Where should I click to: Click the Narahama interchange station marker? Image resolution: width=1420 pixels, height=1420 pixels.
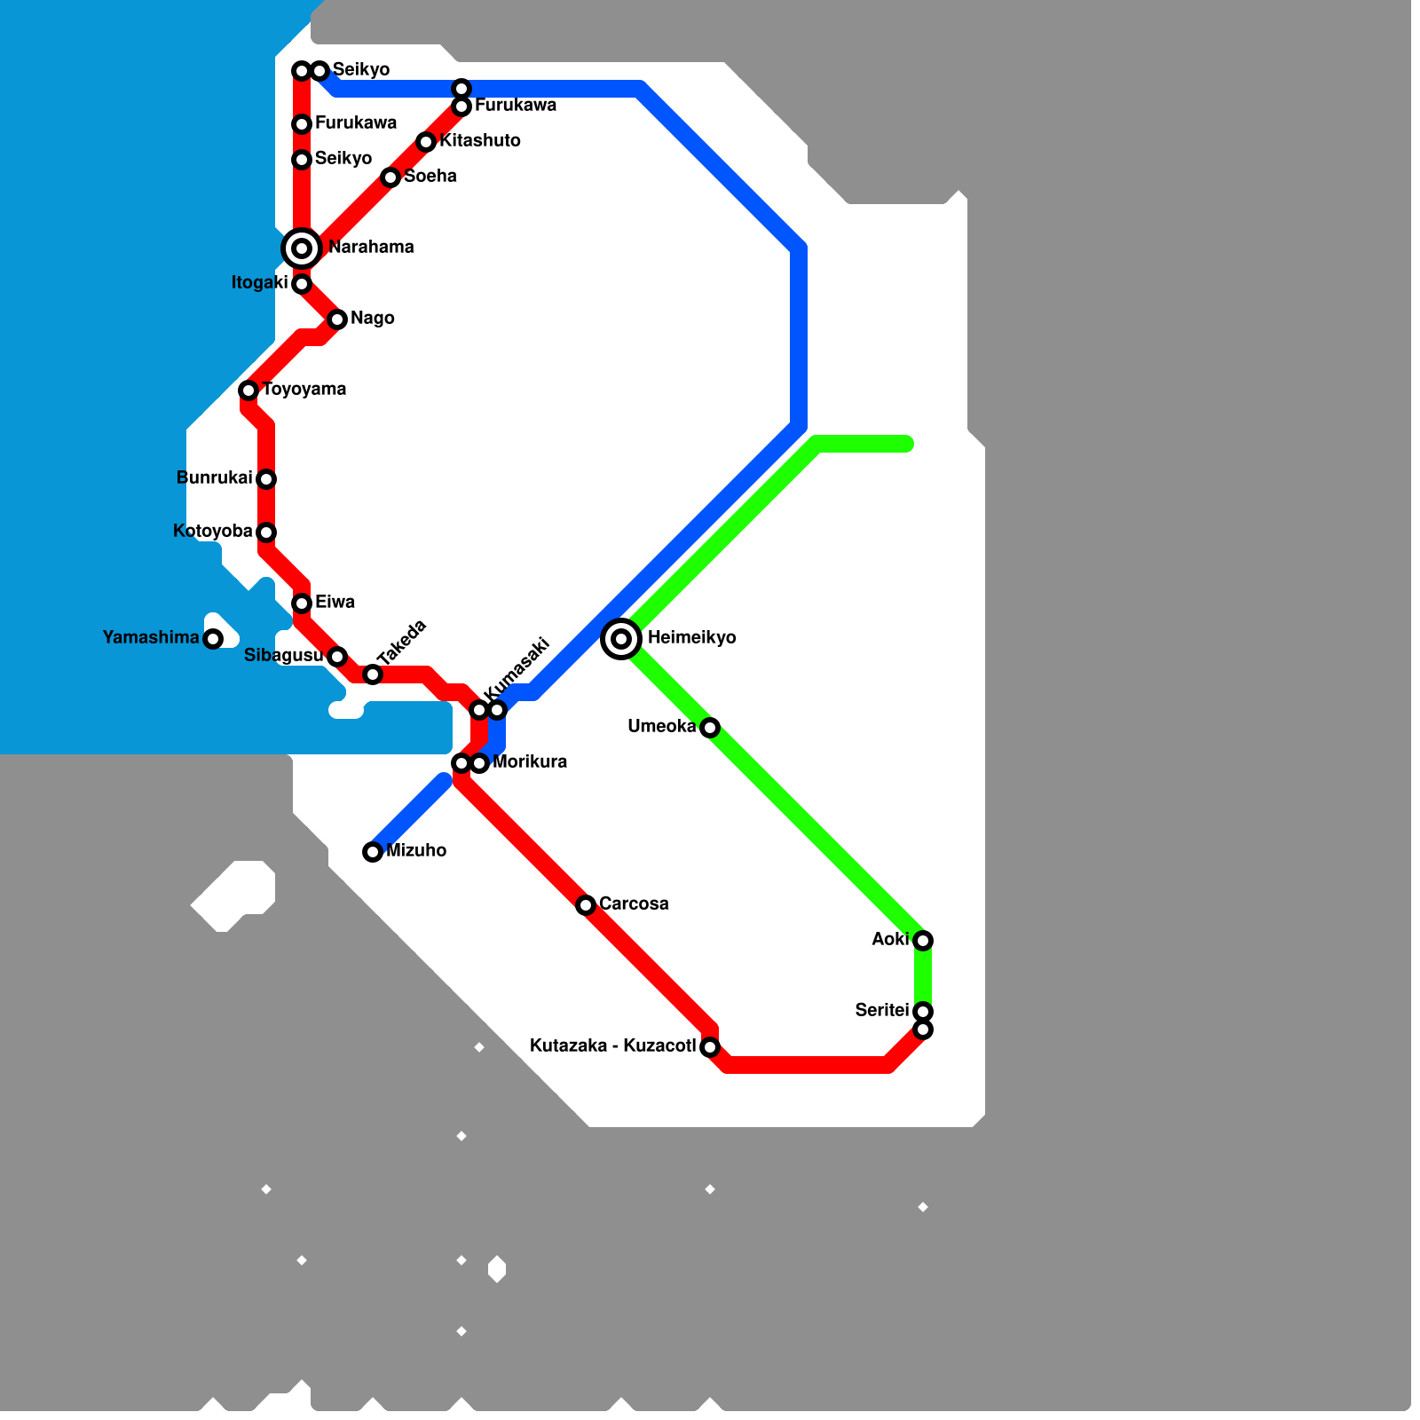coord(302,248)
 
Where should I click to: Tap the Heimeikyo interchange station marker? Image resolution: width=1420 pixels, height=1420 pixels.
coord(621,639)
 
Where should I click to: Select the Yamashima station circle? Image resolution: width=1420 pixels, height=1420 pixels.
coord(213,639)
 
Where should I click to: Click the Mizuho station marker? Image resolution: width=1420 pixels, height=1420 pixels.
coord(373,852)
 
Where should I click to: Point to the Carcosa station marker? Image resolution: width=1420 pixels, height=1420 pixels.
coord(586,905)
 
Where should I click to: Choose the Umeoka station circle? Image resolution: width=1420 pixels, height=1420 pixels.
coord(710,728)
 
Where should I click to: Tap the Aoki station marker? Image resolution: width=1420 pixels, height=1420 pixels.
coord(923,941)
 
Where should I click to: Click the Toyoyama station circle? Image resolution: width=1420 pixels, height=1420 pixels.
coord(248,390)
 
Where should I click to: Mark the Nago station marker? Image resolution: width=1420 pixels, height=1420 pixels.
coord(337,319)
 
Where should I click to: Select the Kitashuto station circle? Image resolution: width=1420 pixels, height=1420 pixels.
coord(426,142)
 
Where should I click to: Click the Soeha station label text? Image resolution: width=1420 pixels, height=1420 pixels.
coord(430,177)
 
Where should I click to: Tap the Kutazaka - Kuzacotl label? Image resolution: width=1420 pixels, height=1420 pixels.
coord(612,1046)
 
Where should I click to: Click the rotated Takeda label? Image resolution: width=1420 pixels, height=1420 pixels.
coord(402,643)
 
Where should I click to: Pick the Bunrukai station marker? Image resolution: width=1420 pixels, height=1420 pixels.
coord(266,479)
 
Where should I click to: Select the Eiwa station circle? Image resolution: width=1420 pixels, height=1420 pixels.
coord(302,603)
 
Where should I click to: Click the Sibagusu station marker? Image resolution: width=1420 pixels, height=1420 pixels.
coord(337,657)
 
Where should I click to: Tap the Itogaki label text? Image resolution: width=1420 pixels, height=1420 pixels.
coord(259,283)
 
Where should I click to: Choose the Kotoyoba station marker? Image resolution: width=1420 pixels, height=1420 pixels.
coord(266,532)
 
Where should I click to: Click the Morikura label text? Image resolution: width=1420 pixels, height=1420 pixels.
coord(530,762)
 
